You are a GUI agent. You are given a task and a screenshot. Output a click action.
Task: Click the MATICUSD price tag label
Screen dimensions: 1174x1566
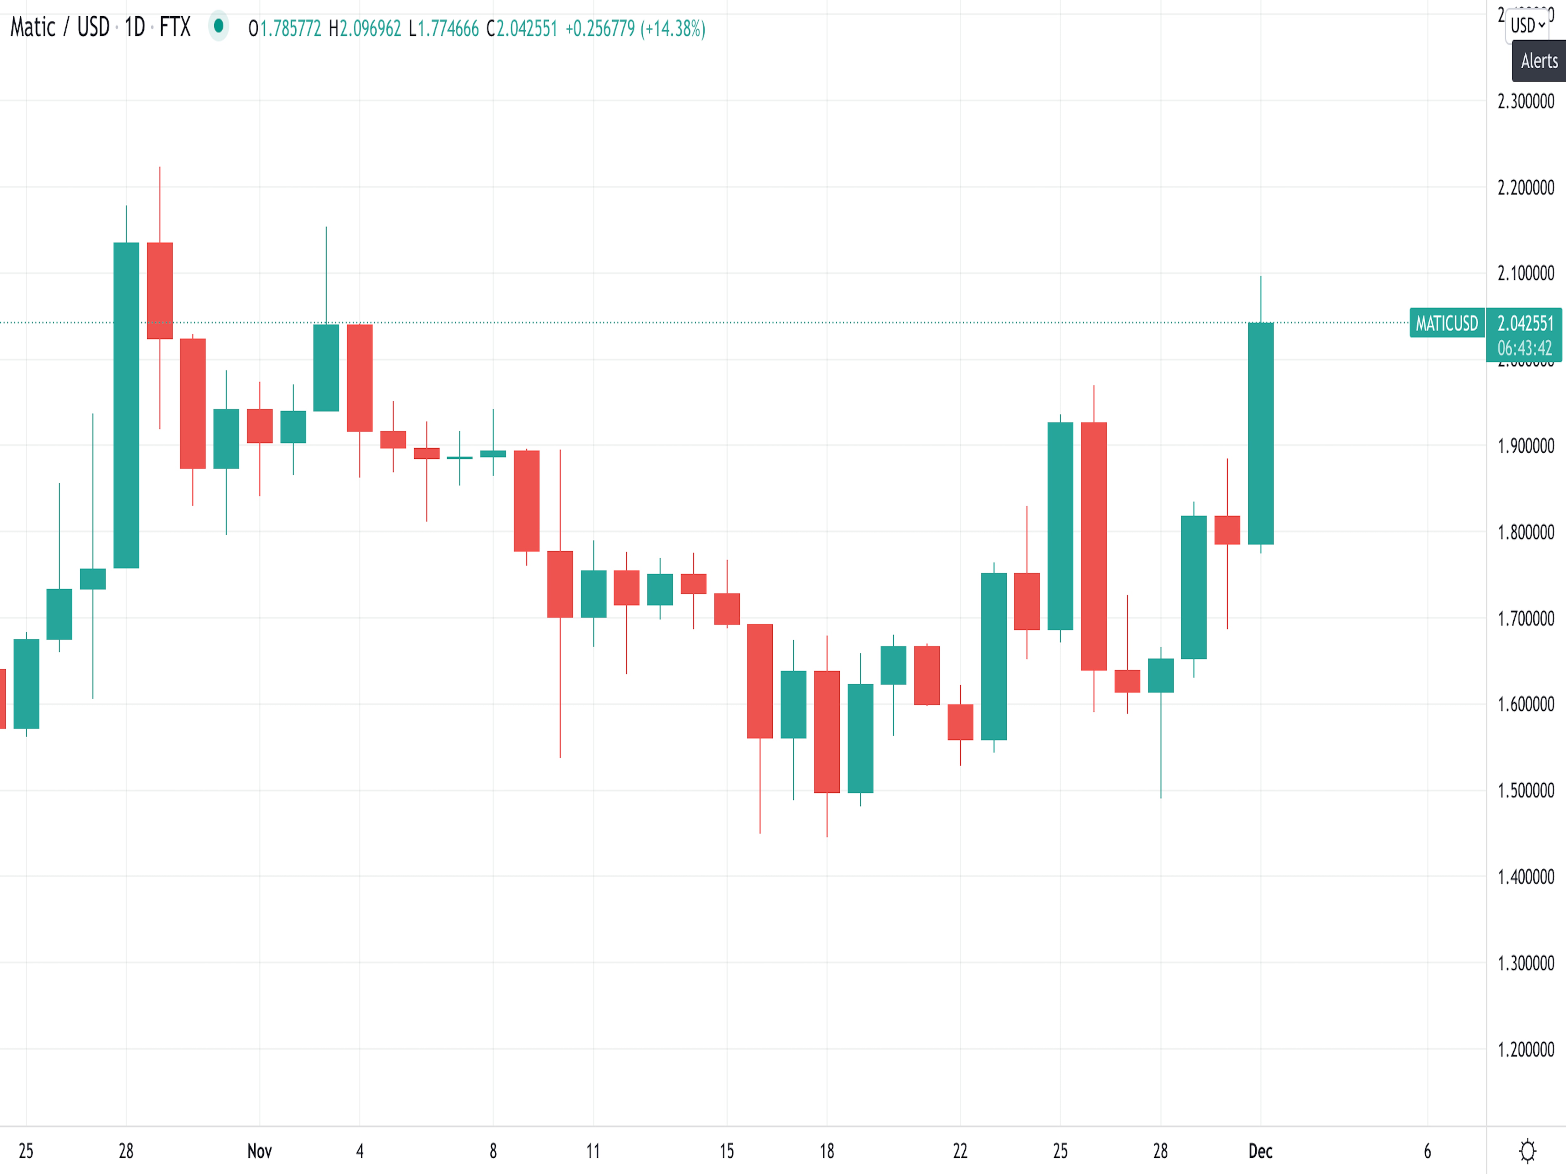pos(1446,323)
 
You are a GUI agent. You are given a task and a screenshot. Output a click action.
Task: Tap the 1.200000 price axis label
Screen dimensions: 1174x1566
pos(1526,1049)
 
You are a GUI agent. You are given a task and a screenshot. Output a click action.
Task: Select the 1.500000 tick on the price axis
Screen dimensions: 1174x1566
pos(1526,790)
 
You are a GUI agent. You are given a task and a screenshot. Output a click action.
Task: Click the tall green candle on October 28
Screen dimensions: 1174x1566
pos(126,405)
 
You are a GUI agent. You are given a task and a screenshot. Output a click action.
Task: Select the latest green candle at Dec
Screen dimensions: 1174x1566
pos(1260,433)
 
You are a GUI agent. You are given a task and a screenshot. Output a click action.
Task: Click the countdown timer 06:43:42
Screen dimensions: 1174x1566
pos(1524,348)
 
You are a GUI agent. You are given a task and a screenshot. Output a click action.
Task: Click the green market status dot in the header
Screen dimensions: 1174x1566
pos(219,26)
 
